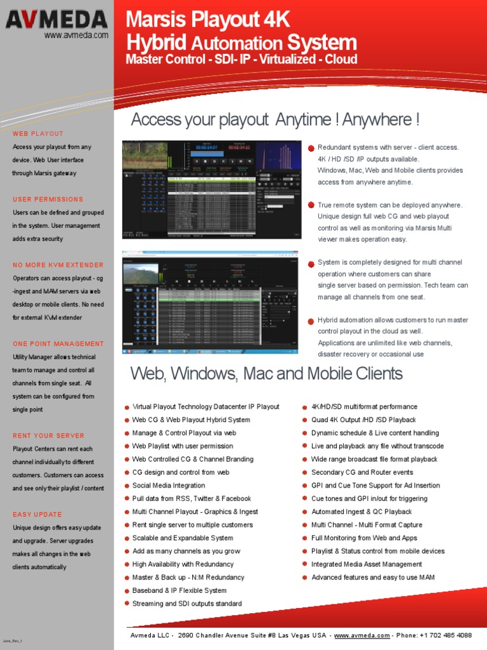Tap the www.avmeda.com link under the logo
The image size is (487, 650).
(76, 36)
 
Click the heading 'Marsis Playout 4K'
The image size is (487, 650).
(208, 20)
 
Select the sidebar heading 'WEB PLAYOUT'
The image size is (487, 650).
(38, 134)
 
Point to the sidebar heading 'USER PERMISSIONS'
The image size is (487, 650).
(48, 199)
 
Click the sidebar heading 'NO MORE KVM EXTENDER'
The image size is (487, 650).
(58, 265)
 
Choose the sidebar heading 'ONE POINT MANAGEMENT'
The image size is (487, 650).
(58, 344)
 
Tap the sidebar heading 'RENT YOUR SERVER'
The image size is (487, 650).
(48, 436)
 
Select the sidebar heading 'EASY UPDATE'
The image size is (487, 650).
(37, 514)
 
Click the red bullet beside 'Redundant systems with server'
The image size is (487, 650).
(311, 148)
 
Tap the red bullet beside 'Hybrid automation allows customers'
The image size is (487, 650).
(311, 321)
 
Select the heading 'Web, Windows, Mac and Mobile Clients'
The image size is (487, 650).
(266, 373)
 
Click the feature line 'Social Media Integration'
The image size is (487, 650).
(169, 486)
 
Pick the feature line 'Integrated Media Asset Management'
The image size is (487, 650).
(367, 564)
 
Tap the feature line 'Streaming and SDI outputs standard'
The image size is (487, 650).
(187, 604)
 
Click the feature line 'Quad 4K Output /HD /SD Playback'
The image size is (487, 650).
(363, 420)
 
